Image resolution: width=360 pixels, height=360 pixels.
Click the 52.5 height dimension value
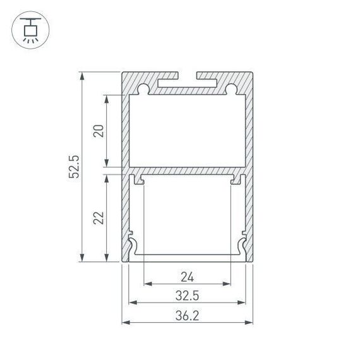pyautogui.click(x=73, y=167)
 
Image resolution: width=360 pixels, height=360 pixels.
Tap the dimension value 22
pyautogui.click(x=98, y=218)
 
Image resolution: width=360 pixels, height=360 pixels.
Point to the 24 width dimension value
pyautogui.click(x=187, y=276)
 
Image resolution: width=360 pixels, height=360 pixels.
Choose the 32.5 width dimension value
pyautogui.click(x=187, y=294)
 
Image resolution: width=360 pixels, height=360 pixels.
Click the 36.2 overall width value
pyautogui.click(x=187, y=314)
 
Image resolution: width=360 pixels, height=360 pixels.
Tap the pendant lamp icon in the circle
pyautogui.click(x=30, y=28)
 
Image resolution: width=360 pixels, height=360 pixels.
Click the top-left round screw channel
pyautogui.click(x=145, y=88)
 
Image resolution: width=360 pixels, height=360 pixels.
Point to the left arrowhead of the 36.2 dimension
pyautogui.click(x=125, y=323)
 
